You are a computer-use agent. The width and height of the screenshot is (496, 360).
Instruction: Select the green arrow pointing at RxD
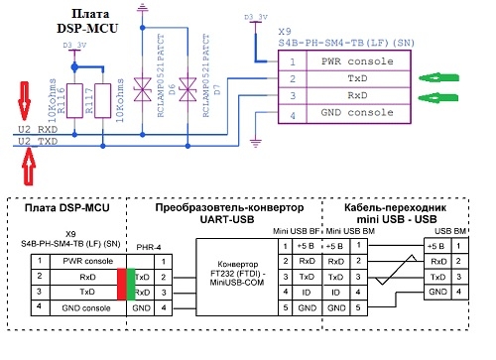pyautogui.click(x=441, y=97)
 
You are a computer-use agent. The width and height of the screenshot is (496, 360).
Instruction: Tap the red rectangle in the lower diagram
pyautogui.click(x=120, y=285)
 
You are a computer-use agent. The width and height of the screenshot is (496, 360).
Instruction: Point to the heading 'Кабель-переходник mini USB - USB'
pyautogui.click(x=396, y=216)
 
